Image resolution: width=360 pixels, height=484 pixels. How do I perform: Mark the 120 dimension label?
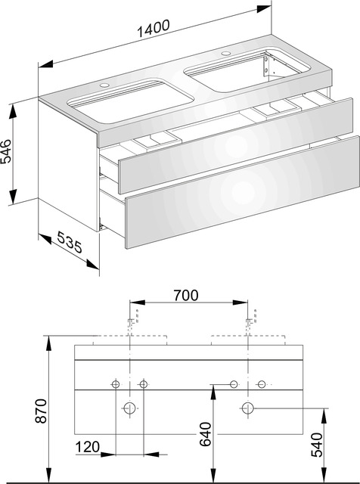[87, 448]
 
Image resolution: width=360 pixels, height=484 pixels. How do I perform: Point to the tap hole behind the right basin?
[225, 54]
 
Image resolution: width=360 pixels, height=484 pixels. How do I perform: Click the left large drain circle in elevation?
[129, 409]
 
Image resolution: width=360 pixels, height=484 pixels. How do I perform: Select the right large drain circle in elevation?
[247, 409]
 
